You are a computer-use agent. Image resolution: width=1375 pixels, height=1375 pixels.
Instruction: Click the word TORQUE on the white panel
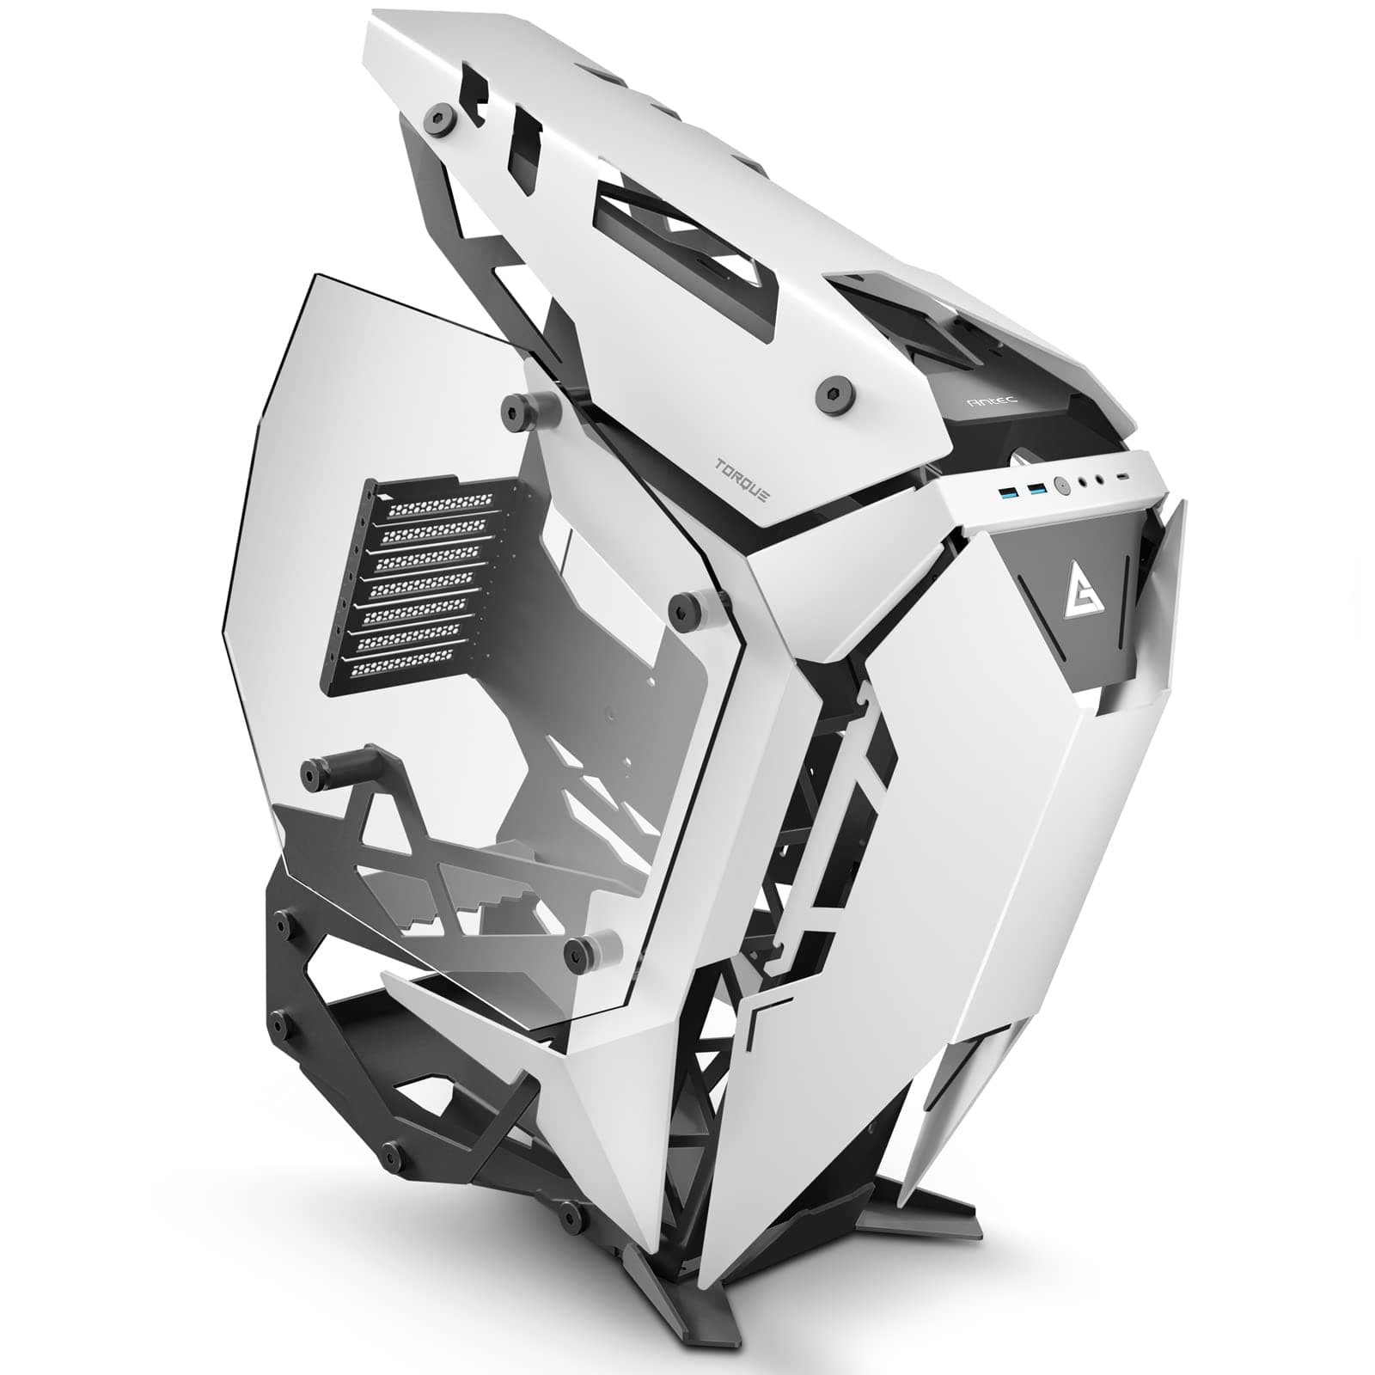(742, 480)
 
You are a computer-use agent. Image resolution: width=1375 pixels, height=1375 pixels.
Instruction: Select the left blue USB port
(1008, 493)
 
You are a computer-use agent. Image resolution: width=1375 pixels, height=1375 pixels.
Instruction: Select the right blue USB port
(1037, 489)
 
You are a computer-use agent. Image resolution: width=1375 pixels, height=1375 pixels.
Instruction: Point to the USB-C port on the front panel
(1122, 477)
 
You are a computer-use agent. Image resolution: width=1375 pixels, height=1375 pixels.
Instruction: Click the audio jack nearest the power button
(1083, 481)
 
